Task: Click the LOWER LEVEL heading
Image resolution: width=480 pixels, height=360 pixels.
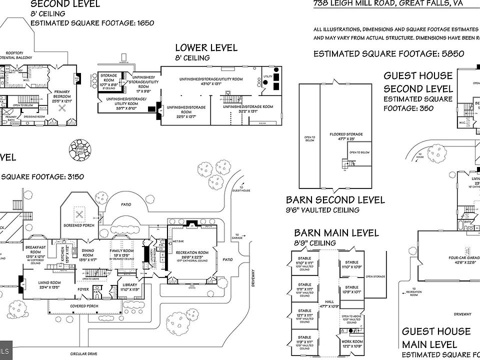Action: (x=206, y=48)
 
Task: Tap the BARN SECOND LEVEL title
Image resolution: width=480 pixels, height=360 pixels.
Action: (x=335, y=200)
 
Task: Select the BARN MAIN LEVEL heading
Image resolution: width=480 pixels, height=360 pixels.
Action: (x=336, y=233)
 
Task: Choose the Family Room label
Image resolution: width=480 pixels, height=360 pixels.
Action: (x=122, y=250)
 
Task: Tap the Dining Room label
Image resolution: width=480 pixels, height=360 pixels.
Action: (x=88, y=250)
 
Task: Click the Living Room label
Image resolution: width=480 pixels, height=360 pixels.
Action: (x=49, y=282)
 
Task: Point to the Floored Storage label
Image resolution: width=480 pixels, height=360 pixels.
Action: (x=346, y=134)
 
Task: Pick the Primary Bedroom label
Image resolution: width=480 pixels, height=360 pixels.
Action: (x=62, y=91)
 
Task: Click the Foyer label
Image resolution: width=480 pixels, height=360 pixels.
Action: (x=82, y=288)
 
